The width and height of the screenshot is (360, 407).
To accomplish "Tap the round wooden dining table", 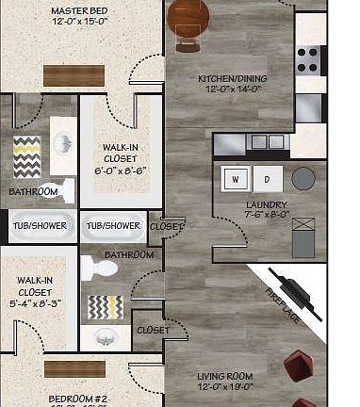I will click(x=188, y=18).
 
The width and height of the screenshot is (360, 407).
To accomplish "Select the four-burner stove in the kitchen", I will click(x=309, y=59).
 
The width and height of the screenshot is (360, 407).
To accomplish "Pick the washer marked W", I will click(x=236, y=178).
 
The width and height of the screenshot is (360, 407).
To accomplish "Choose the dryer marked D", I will click(x=267, y=178).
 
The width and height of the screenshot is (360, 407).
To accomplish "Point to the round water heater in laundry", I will click(x=303, y=178).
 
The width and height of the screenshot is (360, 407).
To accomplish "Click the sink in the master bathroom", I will click(x=61, y=144).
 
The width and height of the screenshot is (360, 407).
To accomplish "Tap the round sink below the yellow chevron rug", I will click(x=104, y=336).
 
